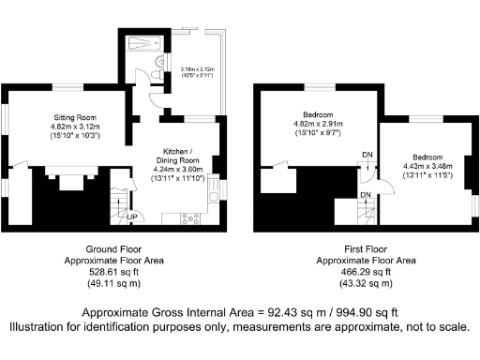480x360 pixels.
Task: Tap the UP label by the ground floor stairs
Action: pyautogui.click(x=133, y=217)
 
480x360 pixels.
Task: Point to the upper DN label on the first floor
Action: pyautogui.click(x=367, y=157)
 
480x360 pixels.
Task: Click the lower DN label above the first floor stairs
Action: pyautogui.click(x=367, y=193)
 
